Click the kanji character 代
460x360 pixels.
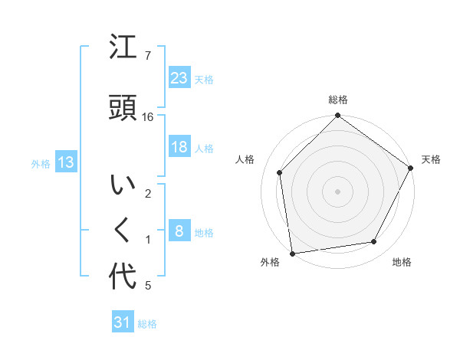tap(123, 275)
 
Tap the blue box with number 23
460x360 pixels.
tap(179, 78)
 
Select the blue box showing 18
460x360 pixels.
tap(179, 147)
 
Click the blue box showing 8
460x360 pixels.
tap(179, 231)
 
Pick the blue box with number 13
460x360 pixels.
tap(65, 162)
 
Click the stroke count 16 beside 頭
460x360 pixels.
tap(148, 117)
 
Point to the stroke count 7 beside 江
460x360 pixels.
tap(147, 55)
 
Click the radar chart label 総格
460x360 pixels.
tap(337, 100)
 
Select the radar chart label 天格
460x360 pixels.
tap(431, 159)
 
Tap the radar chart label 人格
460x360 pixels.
tap(245, 159)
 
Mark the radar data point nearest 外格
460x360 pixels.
tap(292, 253)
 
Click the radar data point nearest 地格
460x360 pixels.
tap(374, 242)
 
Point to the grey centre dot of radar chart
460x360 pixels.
tap(337, 191)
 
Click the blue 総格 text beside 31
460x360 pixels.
tap(147, 324)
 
